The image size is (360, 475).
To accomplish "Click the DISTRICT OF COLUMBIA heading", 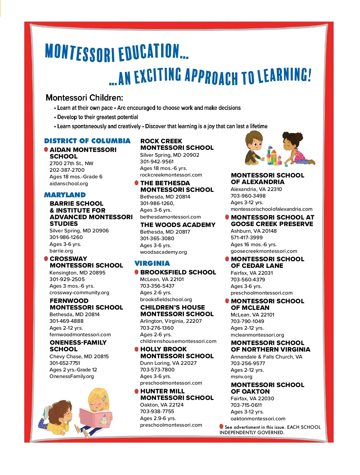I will point(87,141).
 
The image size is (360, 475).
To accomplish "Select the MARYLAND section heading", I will point(65,195).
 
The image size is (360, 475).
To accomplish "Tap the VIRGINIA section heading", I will point(152,263).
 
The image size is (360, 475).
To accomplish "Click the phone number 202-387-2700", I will point(67,170).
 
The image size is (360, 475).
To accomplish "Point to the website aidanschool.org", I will point(69,183).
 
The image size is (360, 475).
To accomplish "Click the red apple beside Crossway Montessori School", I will point(46,259).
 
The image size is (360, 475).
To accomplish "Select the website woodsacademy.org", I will point(163,252).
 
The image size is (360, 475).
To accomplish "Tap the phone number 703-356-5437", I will point(157,286).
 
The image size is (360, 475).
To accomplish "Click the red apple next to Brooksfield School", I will point(136,272).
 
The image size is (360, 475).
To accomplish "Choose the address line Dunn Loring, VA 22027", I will point(168,363).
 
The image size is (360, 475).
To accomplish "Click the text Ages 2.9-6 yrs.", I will point(158,418).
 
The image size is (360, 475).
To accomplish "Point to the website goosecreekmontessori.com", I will point(264,251).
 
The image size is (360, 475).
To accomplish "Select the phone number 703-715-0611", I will point(246,405).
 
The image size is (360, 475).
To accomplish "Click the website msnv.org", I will point(241,377).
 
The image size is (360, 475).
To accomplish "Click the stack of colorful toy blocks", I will point(273,155).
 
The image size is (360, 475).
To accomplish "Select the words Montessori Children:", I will point(84,98).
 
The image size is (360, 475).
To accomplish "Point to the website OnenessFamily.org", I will point(72,376).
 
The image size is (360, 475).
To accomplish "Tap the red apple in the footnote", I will point(221,426).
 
